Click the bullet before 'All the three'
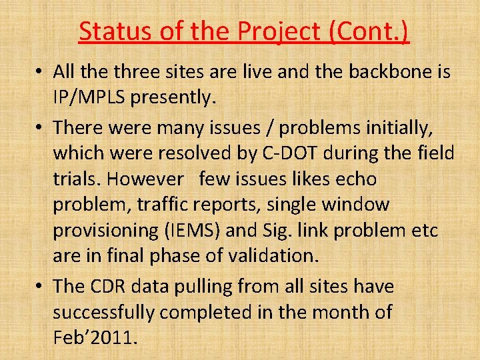(40, 72)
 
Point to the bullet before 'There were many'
(40, 127)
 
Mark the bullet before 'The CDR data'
(40, 287)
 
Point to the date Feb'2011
(95, 337)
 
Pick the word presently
(173, 99)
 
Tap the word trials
(76, 179)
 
